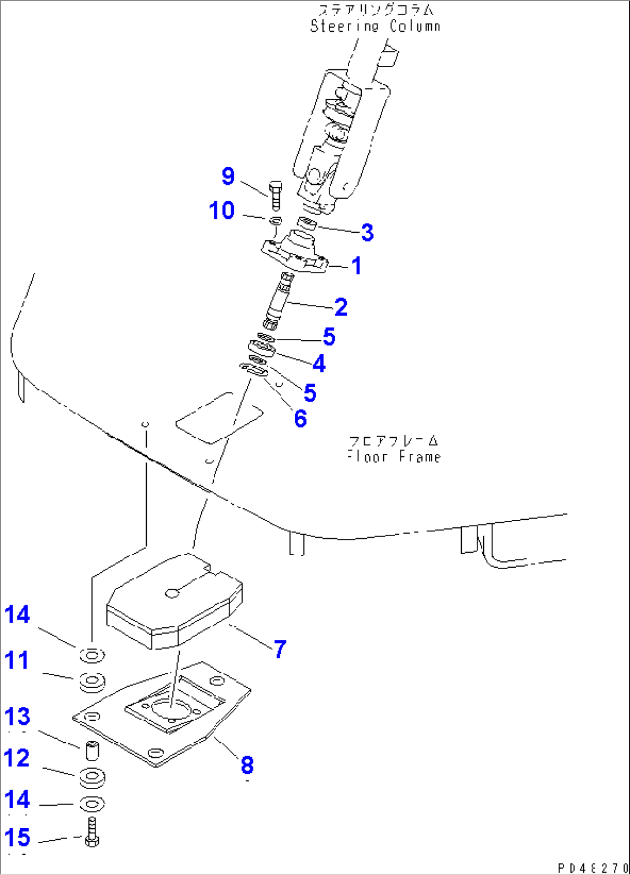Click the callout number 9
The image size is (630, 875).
pos(228,176)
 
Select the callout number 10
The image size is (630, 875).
pos(222,211)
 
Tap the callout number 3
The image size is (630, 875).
pos(367,233)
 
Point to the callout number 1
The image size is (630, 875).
pos(357,266)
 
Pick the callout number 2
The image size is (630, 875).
pos(341,307)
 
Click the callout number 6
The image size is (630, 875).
pos(300,419)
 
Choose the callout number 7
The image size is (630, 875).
pos(280,649)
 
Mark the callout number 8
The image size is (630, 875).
pos(247,765)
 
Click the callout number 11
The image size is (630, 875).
pos(17,660)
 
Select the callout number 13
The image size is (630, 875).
pos(17,717)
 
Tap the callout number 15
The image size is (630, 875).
pos(17,837)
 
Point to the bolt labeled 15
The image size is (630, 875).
pos(92,833)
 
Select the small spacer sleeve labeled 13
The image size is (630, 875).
pos(92,751)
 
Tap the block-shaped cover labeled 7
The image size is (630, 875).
pos(173,604)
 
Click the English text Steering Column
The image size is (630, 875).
pos(375,26)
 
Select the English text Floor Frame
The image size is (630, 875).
pos(394,457)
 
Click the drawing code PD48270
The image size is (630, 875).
pos(593,868)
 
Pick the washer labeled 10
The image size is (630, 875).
pos(276,220)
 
